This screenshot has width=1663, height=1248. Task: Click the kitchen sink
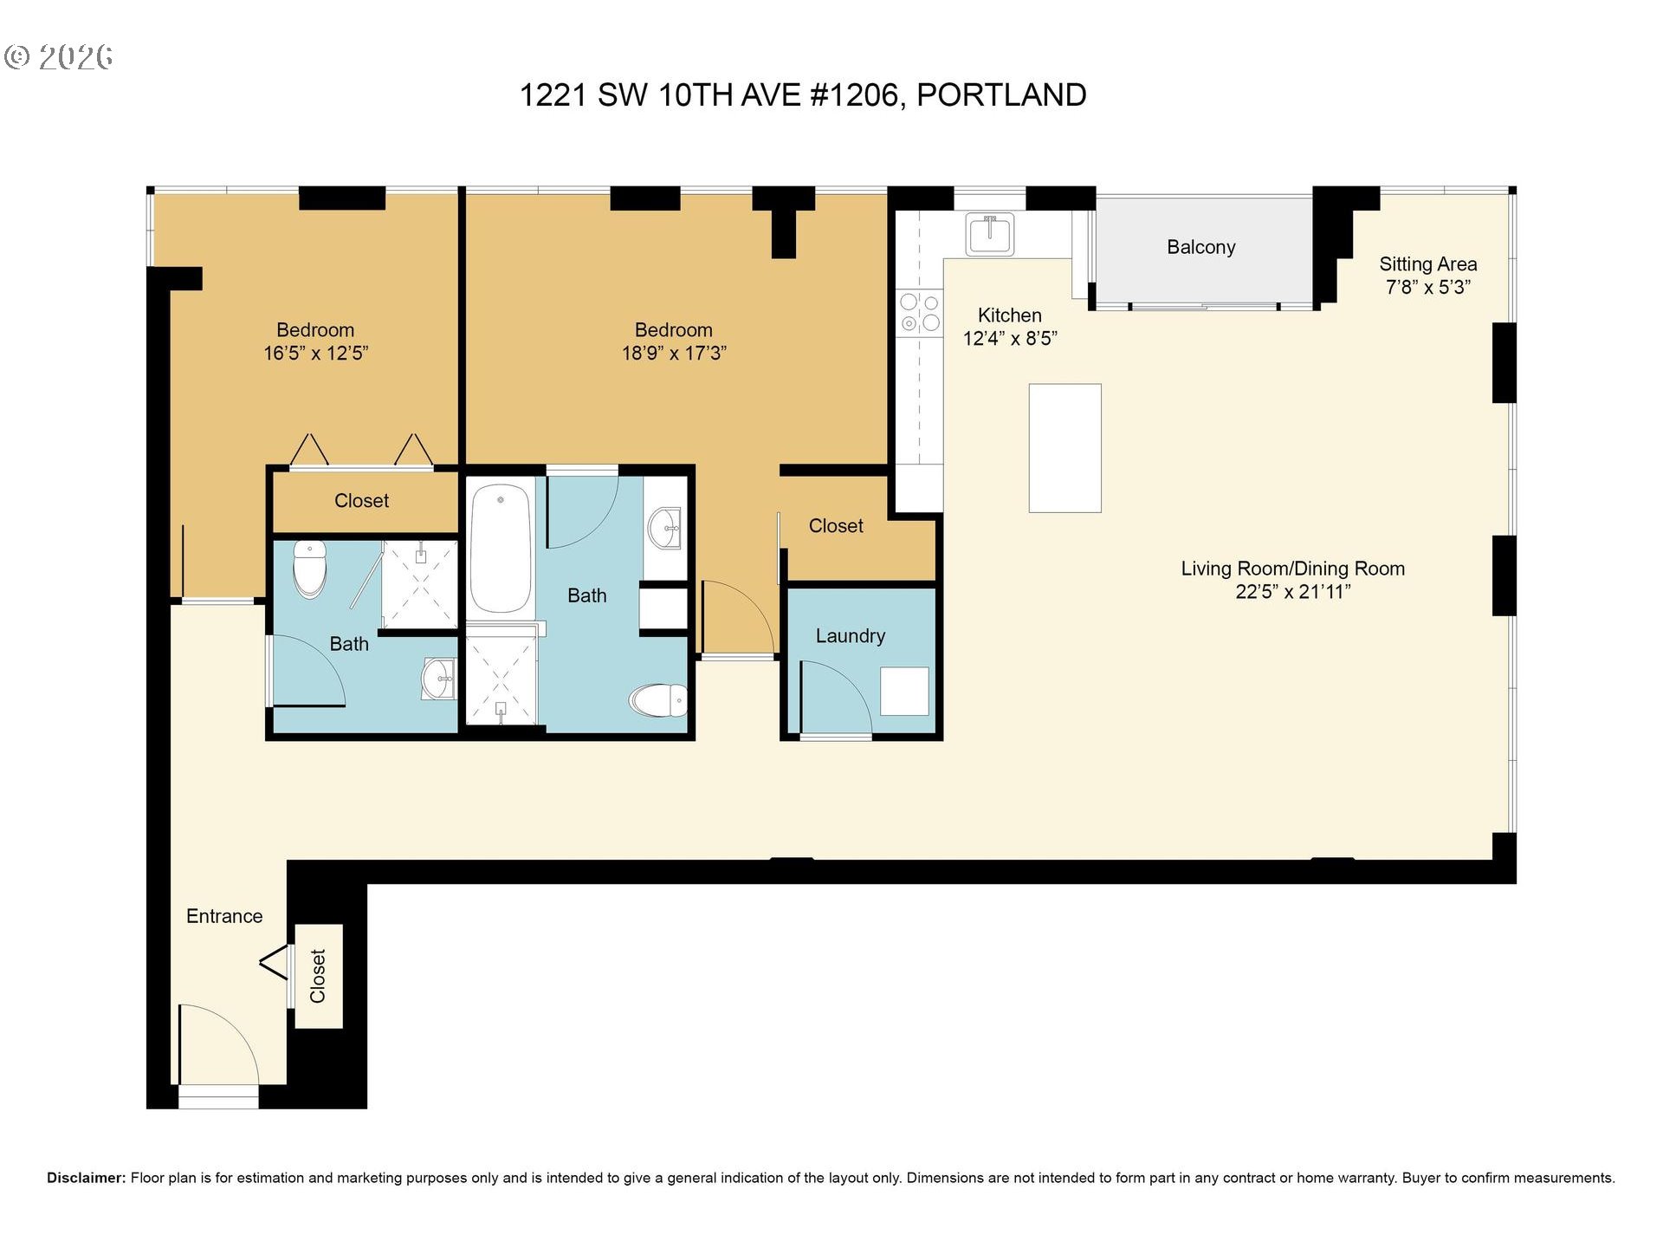point(990,233)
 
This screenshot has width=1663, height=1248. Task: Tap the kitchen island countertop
point(1064,448)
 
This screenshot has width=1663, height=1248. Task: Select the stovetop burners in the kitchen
point(919,313)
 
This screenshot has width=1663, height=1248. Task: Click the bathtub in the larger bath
point(501,549)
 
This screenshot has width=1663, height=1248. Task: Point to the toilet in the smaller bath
point(310,569)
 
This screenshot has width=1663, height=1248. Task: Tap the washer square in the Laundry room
point(904,691)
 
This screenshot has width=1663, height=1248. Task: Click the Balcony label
point(1200,247)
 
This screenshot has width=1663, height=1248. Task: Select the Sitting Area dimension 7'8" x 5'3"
point(1427,288)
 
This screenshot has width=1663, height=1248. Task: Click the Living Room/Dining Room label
point(1292,569)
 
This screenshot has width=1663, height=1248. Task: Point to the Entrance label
point(224,916)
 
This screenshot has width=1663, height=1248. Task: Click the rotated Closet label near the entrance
point(318,976)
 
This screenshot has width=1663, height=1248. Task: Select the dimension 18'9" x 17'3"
point(674,354)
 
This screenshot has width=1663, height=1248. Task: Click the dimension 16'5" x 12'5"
point(316,354)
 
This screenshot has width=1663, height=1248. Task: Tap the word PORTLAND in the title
point(1001,95)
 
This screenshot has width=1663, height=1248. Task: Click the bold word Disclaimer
point(86,1178)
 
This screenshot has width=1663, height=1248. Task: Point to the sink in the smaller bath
point(439,678)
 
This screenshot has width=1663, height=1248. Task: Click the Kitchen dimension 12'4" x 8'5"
point(1010,339)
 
